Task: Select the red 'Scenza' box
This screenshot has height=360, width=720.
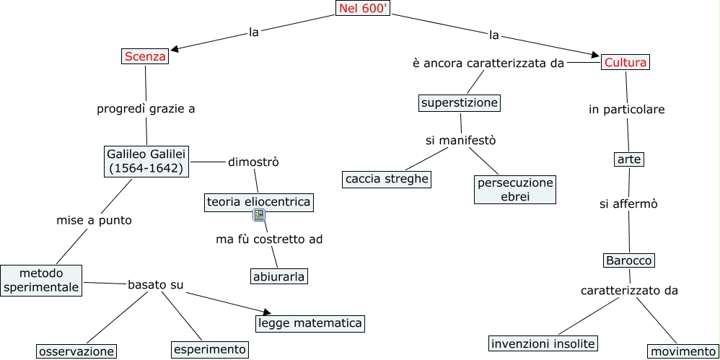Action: pyautogui.click(x=144, y=56)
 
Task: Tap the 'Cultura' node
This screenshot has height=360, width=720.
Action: pyautogui.click(x=625, y=62)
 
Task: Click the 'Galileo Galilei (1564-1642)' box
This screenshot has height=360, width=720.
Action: pyautogui.click(x=146, y=161)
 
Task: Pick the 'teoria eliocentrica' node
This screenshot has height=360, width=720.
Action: pyautogui.click(x=258, y=202)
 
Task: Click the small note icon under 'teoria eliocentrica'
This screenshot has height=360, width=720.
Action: pyautogui.click(x=259, y=215)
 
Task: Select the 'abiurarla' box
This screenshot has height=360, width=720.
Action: pyautogui.click(x=279, y=276)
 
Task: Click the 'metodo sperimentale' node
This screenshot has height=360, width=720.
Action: pyautogui.click(x=40, y=280)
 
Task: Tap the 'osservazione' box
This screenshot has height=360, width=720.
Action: pyautogui.click(x=76, y=351)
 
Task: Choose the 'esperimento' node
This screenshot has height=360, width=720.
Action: pyautogui.click(x=210, y=349)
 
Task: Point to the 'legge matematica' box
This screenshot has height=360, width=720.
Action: pyautogui.click(x=309, y=323)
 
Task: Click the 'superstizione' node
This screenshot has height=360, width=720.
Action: pyautogui.click(x=460, y=102)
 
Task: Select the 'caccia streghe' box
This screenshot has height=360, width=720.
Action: pyautogui.click(x=387, y=179)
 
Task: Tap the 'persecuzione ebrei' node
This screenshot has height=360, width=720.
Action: pyautogui.click(x=515, y=189)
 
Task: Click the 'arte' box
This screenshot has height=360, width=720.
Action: pyautogui.click(x=629, y=159)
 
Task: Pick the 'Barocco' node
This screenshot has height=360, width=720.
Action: pyautogui.click(x=628, y=260)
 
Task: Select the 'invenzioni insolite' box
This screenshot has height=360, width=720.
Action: pyautogui.click(x=544, y=343)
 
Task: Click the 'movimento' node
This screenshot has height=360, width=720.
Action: pyautogui.click(x=682, y=351)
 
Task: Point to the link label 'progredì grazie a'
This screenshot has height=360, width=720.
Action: pyautogui.click(x=146, y=109)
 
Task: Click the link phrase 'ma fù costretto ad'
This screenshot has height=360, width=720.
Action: pyautogui.click(x=269, y=239)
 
